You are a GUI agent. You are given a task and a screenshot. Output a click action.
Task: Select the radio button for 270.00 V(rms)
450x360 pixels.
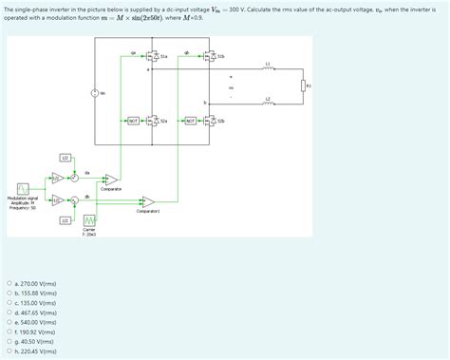(x=9, y=283)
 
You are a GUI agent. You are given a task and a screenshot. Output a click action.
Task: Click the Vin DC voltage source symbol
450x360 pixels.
(x=95, y=92)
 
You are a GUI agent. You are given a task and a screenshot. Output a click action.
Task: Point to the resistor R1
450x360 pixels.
(x=303, y=85)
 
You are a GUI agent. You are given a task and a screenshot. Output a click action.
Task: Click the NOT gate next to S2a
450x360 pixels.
(x=134, y=122)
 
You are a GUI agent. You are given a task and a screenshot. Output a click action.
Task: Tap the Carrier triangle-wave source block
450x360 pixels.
(x=89, y=220)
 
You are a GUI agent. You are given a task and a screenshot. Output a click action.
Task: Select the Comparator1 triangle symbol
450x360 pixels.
(x=147, y=201)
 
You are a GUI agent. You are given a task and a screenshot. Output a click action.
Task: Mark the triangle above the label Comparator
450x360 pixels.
(x=112, y=180)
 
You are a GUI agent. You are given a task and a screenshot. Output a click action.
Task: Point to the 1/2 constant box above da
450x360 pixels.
(x=65, y=157)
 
